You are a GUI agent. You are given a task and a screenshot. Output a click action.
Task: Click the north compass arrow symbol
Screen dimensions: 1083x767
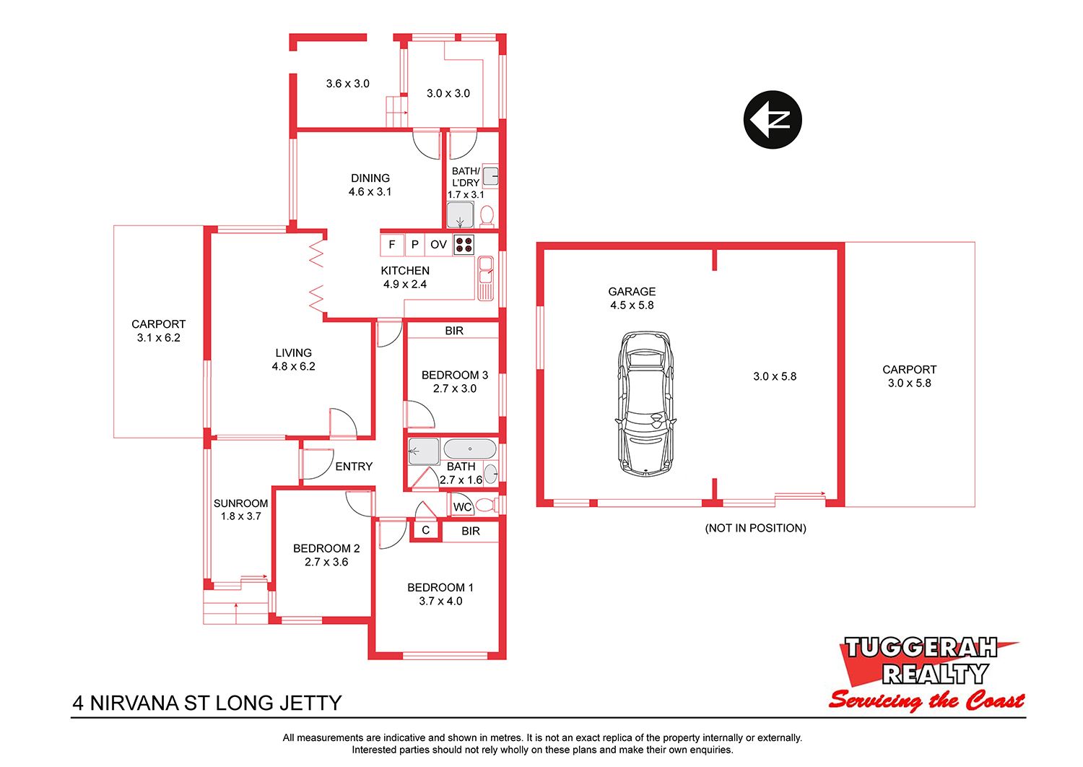[x=772, y=119]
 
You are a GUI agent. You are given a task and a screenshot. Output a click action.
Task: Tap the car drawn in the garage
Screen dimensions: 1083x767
[x=646, y=402]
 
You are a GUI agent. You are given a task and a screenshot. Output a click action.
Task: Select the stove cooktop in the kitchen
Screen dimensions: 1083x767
[x=464, y=245]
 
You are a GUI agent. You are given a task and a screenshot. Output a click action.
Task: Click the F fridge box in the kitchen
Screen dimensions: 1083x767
[x=392, y=245]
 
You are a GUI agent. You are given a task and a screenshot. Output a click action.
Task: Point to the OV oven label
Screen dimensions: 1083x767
[x=438, y=245]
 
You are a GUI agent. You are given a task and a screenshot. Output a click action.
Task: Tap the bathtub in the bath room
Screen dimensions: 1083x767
[x=469, y=448]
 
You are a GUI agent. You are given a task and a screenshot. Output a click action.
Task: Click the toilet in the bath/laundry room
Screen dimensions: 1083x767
[x=487, y=216]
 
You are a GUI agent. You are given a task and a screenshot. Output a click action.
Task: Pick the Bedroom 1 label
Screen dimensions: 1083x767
[x=440, y=588]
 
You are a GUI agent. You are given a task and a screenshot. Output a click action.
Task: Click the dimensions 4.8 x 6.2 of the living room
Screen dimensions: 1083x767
[x=293, y=367]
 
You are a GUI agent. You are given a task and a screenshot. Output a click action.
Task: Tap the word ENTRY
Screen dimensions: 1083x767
[x=354, y=467]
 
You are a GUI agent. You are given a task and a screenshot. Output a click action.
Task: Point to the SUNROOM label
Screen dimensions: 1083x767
[x=240, y=503]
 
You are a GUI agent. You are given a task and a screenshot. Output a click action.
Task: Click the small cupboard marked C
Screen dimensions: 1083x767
[x=425, y=530]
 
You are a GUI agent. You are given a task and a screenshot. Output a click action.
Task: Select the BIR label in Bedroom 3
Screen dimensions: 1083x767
[x=454, y=331]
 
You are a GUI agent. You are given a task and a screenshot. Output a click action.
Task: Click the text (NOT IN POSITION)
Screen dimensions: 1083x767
[x=756, y=528]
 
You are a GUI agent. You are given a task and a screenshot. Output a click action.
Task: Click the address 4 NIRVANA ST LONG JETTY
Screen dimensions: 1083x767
[x=207, y=703]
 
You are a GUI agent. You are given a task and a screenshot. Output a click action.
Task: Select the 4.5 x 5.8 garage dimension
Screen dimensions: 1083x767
[x=632, y=305]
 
